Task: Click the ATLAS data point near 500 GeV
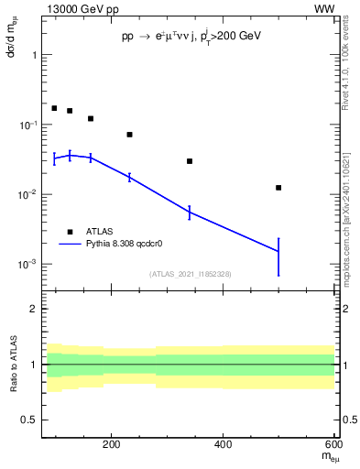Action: coord(278,188)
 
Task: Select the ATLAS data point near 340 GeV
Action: coord(190,161)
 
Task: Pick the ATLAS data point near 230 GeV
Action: coord(130,135)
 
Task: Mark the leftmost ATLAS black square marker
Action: coord(54,108)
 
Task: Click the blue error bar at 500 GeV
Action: coord(278,256)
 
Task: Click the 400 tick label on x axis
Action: coord(223,445)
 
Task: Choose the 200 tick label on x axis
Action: coord(112,445)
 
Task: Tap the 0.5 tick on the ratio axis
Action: coord(27,420)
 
